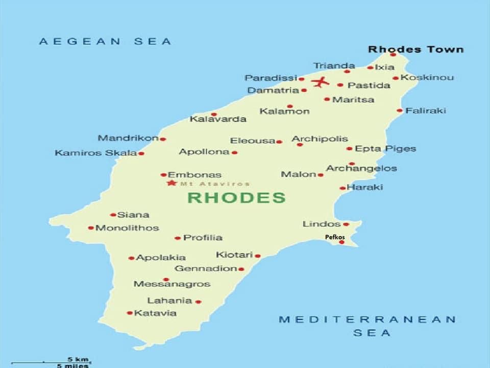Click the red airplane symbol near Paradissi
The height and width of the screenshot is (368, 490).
tap(321, 81)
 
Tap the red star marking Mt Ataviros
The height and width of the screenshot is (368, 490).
tap(171, 183)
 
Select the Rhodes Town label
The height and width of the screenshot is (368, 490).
tap(415, 50)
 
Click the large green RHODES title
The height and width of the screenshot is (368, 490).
tap(237, 198)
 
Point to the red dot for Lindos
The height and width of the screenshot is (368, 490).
tap(346, 224)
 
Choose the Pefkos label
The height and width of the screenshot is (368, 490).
tap(335, 237)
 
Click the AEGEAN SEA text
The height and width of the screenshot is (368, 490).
tap(105, 41)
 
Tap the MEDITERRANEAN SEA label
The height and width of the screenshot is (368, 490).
tap(367, 326)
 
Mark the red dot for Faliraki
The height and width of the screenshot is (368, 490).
tap(400, 110)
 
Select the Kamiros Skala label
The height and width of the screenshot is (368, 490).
tap(95, 153)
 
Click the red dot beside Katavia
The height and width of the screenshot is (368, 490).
tap(130, 313)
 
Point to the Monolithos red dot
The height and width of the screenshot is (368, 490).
tap(91, 228)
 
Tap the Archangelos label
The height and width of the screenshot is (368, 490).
tap(361, 168)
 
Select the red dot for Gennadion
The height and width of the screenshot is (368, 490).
tap(241, 269)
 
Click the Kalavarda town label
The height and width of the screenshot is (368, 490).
tap(218, 119)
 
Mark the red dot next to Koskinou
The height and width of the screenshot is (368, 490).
tap(396, 78)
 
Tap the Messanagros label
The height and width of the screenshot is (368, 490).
tap(172, 284)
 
